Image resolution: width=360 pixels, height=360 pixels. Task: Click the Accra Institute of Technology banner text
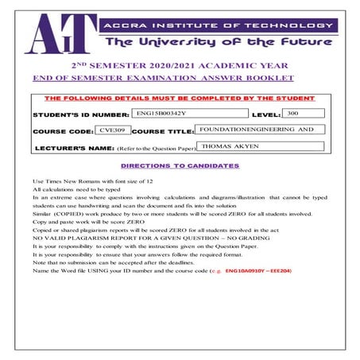pos(222,24)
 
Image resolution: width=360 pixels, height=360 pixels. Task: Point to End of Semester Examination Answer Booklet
pos(163,78)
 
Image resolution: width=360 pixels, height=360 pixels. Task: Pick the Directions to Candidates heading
pos(179,165)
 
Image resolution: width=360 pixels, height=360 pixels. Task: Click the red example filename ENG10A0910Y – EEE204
pos(258,271)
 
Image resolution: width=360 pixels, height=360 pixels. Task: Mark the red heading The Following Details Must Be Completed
pos(179,99)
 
